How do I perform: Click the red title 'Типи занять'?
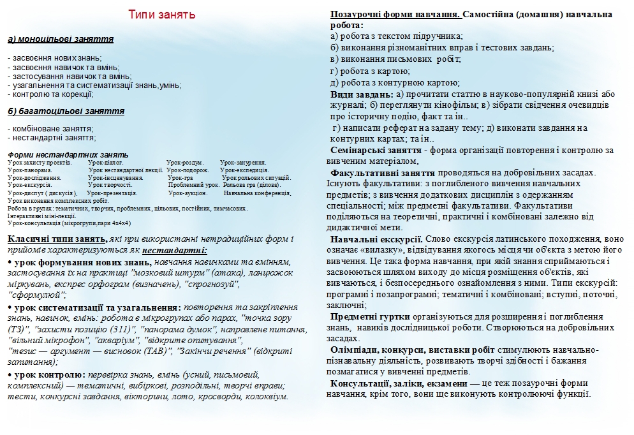162,15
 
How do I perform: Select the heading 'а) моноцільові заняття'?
61,40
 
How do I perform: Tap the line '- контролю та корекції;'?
51,94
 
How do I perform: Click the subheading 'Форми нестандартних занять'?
68,155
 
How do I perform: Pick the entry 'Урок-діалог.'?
106,163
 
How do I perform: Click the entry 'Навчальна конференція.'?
257,193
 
